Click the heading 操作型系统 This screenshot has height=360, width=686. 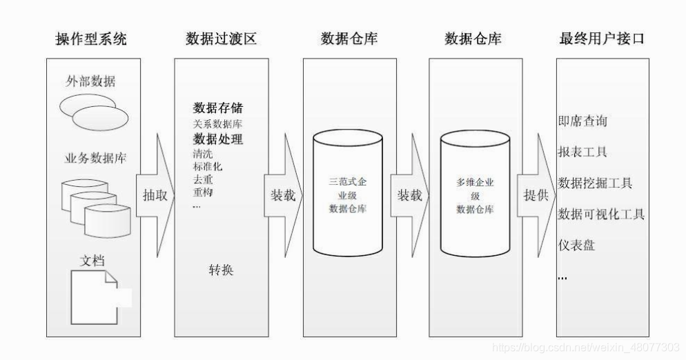pyautogui.click(x=90, y=39)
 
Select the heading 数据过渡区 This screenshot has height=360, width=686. pyautogui.click(x=221, y=39)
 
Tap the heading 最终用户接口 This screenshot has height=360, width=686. pyautogui.click(x=602, y=39)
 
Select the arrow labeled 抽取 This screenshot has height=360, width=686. pyautogui.click(x=154, y=195)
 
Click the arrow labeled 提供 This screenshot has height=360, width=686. pyautogui.click(x=536, y=195)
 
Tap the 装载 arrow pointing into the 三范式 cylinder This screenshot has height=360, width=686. pyautogui.click(x=282, y=195)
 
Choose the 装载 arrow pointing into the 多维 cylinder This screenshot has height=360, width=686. pyautogui.click(x=409, y=195)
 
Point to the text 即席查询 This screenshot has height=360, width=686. pyautogui.click(x=582, y=121)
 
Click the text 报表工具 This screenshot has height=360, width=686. pyautogui.click(x=582, y=152)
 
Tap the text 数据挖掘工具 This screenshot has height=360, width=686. pyautogui.click(x=595, y=183)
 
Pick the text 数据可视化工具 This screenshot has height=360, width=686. pyautogui.click(x=601, y=214)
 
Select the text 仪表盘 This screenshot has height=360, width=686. pyautogui.click(x=576, y=245)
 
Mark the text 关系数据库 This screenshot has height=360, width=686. pyautogui.click(x=217, y=124)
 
